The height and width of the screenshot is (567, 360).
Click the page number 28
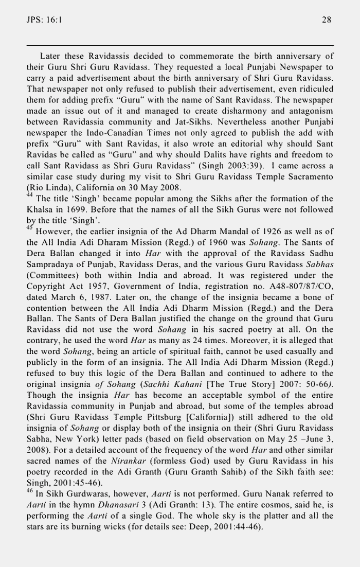coord(326,20)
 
